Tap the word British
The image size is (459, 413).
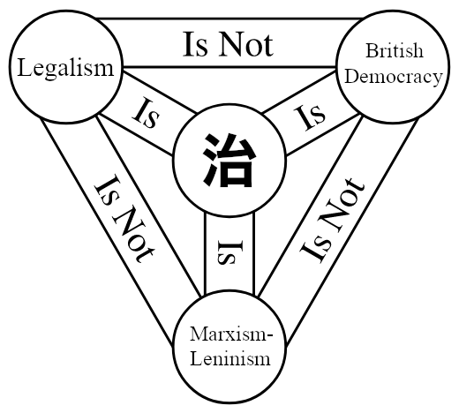(395, 50)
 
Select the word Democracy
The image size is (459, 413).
(394, 77)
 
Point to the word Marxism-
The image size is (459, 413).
(231, 334)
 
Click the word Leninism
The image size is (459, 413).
(230, 358)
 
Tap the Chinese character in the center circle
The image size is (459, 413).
(229, 161)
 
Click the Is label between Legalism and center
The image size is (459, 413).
(146, 113)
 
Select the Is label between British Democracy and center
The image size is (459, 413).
(310, 117)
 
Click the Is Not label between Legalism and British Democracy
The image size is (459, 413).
(228, 45)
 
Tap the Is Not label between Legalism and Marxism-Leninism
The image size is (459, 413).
(124, 219)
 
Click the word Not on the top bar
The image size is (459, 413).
(246, 45)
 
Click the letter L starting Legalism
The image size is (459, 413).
(25, 67)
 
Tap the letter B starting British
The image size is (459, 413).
(372, 51)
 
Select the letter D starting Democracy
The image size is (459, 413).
(351, 77)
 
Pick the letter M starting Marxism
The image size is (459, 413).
(199, 334)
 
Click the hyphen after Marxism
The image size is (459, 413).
(270, 336)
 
